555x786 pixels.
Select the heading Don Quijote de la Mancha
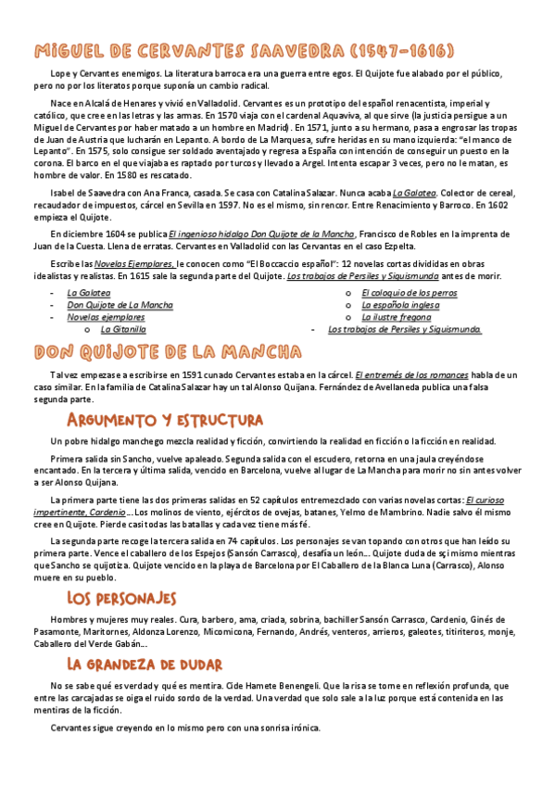click(167, 352)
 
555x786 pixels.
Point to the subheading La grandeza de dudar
click(144, 638)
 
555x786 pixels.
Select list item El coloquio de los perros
click(409, 293)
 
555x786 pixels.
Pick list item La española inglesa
click(401, 305)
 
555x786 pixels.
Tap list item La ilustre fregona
click(396, 317)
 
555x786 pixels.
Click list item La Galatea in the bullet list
click(88, 293)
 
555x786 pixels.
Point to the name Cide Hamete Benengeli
click(251, 659)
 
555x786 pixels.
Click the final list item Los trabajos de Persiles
click(404, 329)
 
